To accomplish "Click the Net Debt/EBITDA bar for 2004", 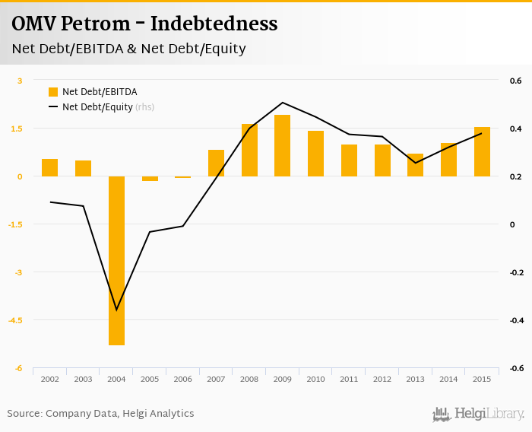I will pos(116,260).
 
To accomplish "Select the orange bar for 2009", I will pos(282,145).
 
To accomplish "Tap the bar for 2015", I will pos(482,151).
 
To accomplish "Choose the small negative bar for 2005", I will pos(150,179).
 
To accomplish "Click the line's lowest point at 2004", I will pos(116,310).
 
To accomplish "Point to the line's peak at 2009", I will pos(282,103).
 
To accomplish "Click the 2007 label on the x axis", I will pos(216,379).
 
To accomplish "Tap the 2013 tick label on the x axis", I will pos(415,379).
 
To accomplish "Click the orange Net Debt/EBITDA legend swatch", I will pos(53,92).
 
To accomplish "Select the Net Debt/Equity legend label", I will pos(97,107).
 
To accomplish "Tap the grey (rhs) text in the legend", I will pos(145,107).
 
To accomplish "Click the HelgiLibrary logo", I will pos(479,414).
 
